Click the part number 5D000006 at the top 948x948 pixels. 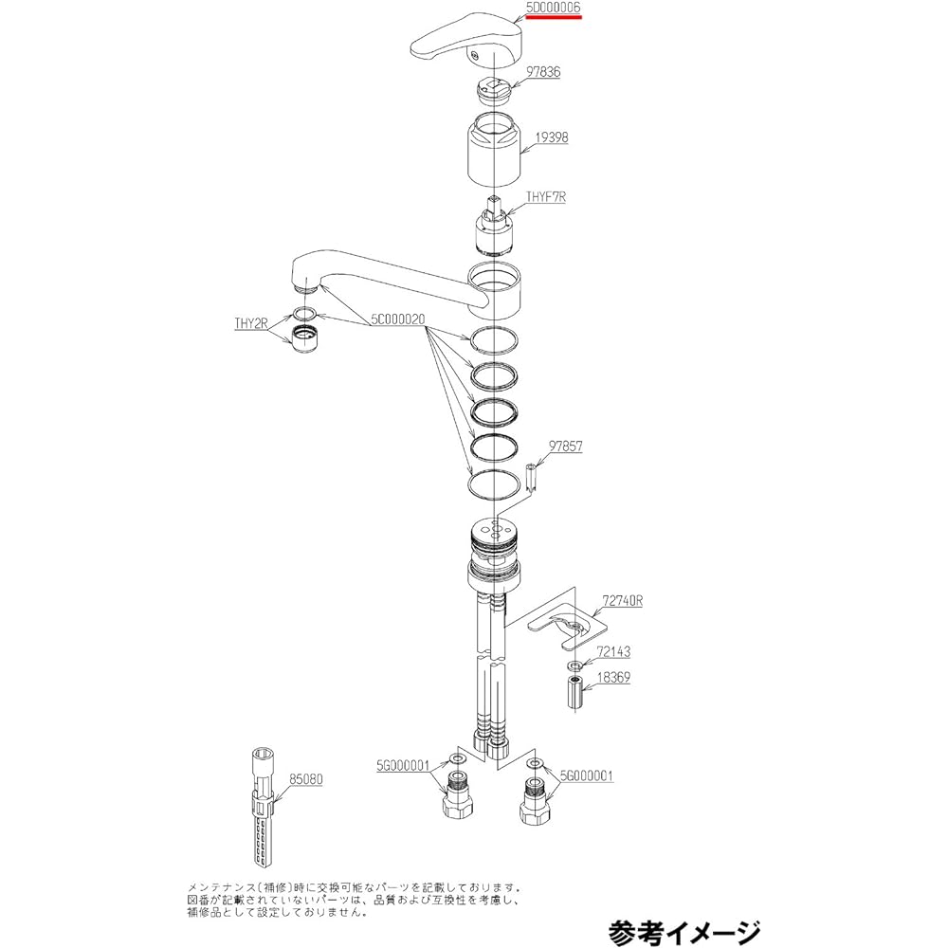click(553, 8)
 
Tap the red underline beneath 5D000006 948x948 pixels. click(554, 17)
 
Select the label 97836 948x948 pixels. click(542, 72)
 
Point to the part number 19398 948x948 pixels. click(551, 137)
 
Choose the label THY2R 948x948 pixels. click(251, 323)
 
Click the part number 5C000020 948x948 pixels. click(398, 319)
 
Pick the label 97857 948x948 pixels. click(565, 447)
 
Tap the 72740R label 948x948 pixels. click(622, 601)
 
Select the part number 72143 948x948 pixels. click(613, 651)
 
